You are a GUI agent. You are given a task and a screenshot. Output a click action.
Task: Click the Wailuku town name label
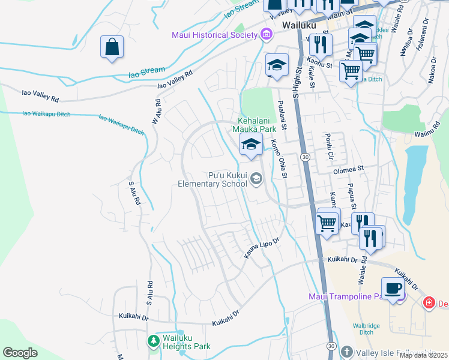[298, 25]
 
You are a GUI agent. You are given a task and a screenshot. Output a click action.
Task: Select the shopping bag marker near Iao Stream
[112, 47]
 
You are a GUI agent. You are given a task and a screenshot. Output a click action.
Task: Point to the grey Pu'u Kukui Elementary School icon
[257, 178]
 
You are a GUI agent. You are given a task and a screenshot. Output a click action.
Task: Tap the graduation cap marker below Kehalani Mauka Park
[251, 144]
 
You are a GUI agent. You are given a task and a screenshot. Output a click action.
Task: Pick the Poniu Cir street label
[330, 147]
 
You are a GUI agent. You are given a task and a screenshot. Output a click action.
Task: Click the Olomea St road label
[348, 170]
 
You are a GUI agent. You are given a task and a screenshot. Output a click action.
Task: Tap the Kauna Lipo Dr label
[262, 250]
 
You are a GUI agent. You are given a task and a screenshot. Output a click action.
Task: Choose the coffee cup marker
[393, 288]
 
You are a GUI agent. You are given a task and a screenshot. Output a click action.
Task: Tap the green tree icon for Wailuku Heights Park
[154, 341]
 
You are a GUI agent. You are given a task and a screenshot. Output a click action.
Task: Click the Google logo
[20, 353]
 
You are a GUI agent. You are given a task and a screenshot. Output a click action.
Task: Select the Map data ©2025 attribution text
[423, 355]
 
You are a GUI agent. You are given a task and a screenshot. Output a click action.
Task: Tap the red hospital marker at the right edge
[429, 303]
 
